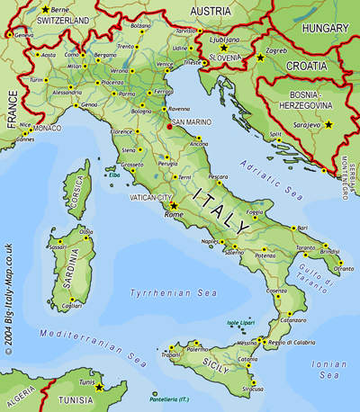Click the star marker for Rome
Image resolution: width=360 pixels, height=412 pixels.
click(174, 206)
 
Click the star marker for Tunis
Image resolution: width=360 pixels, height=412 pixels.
click(100, 388)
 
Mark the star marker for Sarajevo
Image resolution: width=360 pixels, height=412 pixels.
click(328, 124)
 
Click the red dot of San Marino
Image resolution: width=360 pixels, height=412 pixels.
click(168, 127)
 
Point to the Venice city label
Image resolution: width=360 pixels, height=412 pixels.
click(165, 64)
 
